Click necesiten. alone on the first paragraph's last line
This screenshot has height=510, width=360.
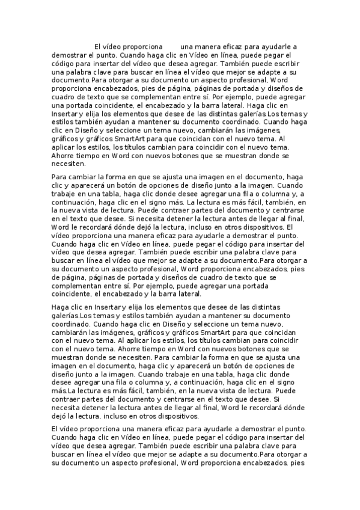point(69,163)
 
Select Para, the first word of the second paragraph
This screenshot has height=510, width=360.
point(61,177)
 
